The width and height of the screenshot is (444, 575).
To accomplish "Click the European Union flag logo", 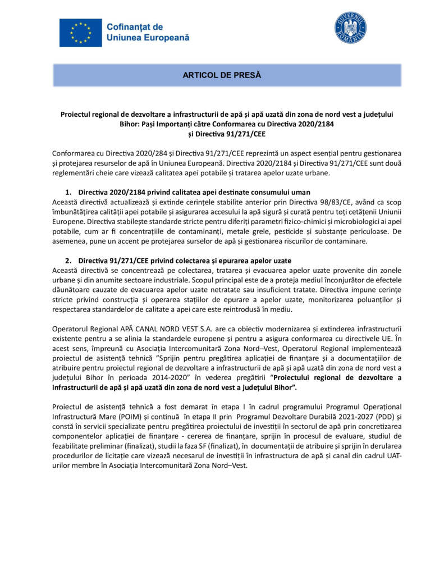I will coord(80,33).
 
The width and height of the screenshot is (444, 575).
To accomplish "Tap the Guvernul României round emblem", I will coord(350,28).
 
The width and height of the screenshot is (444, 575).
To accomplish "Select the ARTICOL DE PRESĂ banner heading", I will coord(222,75).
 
